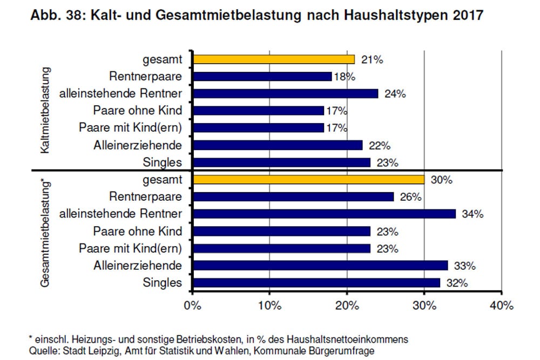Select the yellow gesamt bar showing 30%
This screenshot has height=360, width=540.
click(308, 180)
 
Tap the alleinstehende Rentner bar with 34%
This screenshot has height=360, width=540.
click(324, 214)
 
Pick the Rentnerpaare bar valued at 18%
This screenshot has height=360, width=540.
click(262, 77)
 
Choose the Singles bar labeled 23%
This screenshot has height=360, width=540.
click(281, 162)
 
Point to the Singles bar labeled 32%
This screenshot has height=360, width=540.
click(316, 282)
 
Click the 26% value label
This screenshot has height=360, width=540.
click(410, 197)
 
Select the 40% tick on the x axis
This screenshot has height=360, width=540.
click(502, 306)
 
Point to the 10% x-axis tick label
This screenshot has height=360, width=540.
click(269, 306)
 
